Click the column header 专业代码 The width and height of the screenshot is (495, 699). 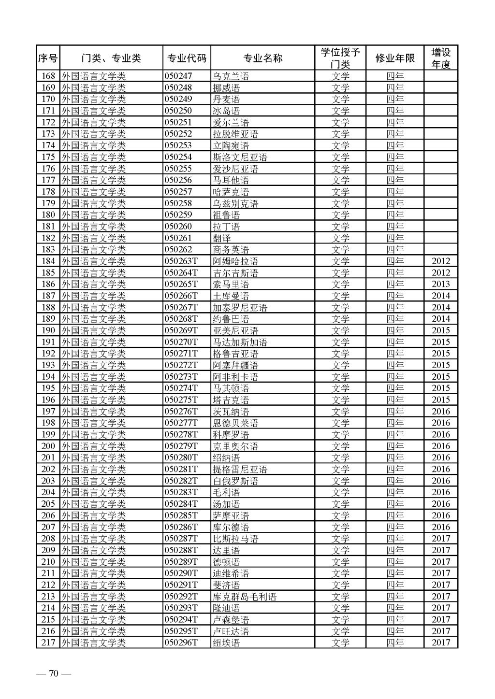187,58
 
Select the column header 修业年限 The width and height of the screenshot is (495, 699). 394,58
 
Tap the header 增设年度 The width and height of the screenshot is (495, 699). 440,58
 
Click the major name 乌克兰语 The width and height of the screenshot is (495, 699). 231,76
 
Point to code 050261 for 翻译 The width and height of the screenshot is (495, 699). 178,238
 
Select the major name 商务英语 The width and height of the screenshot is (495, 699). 231,250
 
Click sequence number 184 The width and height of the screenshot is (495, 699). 48,261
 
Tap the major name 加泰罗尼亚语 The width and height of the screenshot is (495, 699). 240,308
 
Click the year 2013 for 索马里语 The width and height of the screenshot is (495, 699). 440,285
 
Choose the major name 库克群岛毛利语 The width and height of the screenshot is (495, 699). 245,597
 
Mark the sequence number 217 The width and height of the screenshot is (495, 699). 48,643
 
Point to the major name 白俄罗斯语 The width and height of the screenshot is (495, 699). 235,481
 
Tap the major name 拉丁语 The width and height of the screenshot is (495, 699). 226,227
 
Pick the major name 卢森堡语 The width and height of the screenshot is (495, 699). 231,620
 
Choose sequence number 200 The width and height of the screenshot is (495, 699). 48,446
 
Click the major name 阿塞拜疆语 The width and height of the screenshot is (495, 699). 235,366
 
